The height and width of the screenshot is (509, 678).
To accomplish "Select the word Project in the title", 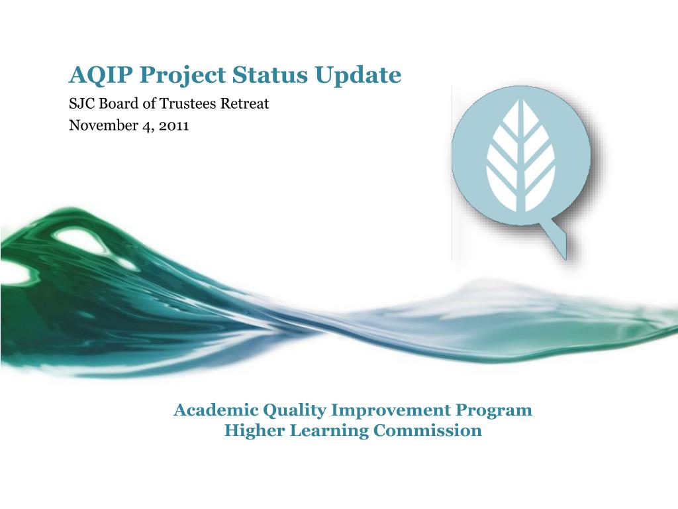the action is pos(183,76).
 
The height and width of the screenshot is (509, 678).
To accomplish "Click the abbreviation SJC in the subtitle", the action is pos(82,104).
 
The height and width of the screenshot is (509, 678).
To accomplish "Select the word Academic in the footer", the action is pos(217,410).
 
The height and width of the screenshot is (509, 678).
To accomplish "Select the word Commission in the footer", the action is pos(428,430).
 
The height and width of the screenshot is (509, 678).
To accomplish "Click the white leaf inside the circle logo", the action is pos(521,156).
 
